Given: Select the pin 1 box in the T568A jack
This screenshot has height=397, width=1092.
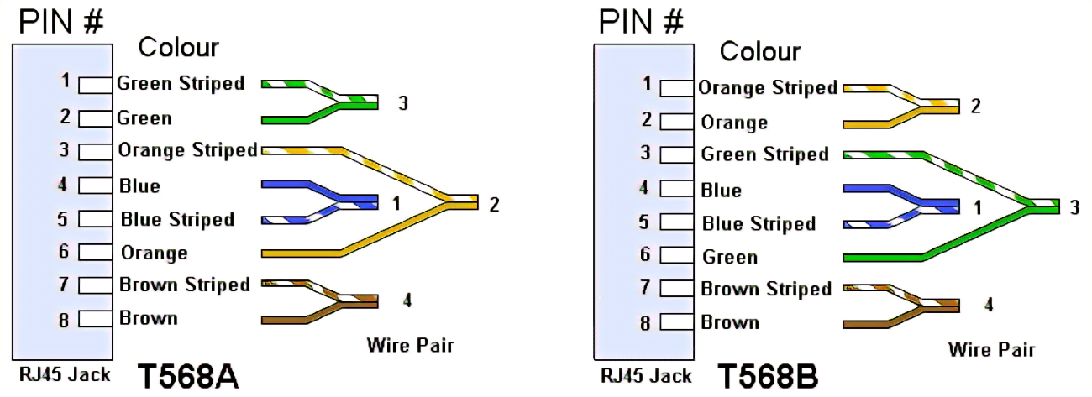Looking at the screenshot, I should tap(97, 85).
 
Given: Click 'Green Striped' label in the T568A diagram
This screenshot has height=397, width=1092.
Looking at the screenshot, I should tap(181, 83).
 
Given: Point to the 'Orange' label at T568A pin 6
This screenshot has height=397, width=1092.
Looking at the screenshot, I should tap(154, 253).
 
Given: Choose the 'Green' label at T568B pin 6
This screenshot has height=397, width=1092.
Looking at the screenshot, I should tap(730, 257).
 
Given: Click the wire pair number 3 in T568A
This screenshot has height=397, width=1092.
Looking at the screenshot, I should tap(403, 103).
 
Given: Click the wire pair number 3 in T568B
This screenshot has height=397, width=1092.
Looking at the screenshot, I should tap(1074, 208).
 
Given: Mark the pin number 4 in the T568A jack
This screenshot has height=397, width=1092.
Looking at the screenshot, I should tap(63, 185).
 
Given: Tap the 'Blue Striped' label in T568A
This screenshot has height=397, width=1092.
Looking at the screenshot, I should tap(177, 219).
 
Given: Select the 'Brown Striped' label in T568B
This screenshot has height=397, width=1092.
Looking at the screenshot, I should tap(766, 289).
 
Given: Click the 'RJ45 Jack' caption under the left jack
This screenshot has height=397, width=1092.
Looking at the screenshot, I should tap(65, 374).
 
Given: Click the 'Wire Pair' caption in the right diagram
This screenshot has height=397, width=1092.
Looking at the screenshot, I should tap(991, 349).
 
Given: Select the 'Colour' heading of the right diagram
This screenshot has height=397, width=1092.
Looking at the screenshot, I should tap(760, 52).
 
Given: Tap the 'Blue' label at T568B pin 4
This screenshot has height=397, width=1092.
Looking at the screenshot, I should tap(721, 190).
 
